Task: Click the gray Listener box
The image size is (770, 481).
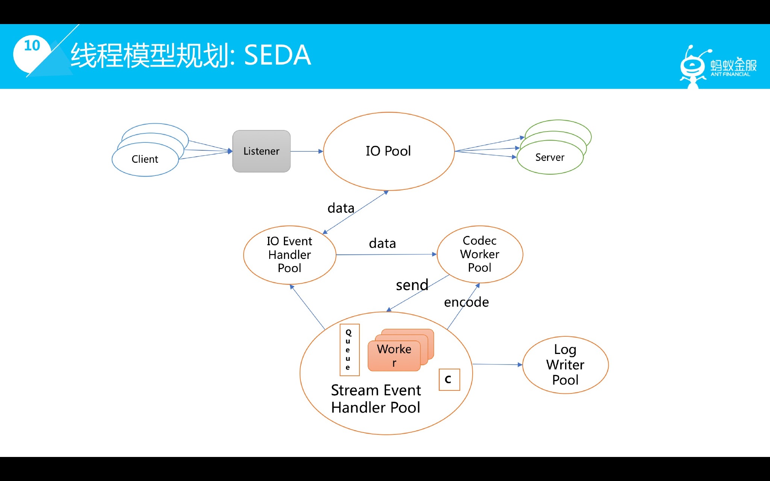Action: point(261,151)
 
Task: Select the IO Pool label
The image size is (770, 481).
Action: point(388,151)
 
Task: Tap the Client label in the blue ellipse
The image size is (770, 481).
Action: point(145,159)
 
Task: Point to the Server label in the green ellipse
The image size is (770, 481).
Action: point(550,157)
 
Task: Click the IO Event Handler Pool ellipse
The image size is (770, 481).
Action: point(289,255)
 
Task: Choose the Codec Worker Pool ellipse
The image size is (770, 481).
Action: point(479,254)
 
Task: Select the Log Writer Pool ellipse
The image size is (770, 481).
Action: point(565,365)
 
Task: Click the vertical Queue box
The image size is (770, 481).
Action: point(349,350)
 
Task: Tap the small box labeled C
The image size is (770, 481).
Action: point(449,380)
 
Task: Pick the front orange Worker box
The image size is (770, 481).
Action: point(394,355)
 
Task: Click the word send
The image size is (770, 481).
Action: point(412,285)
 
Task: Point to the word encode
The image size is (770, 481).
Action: point(466,302)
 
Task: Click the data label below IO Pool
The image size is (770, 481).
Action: point(341,208)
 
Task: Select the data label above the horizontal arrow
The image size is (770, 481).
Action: point(382,244)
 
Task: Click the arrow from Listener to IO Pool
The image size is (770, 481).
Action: point(306,151)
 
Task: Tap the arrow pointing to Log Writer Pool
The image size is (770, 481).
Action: point(497,364)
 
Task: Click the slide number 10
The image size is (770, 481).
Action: point(32,46)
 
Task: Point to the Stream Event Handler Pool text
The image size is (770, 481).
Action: point(376,399)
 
